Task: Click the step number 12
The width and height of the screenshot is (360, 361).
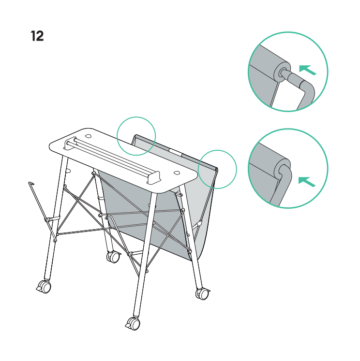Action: point(37,36)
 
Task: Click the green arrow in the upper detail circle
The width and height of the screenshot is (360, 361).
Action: point(308,70)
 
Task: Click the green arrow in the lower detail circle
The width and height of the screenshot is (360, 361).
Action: point(307,182)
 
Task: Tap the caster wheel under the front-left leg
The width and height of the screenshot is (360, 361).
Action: point(44,287)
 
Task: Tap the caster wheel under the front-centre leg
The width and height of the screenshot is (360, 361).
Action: point(133,323)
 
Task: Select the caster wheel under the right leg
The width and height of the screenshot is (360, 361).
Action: point(203,294)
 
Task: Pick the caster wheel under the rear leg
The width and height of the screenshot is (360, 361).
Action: point(113,257)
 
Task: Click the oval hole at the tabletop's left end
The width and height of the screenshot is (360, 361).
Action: point(88,136)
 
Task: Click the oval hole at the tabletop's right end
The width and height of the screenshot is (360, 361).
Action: point(177,173)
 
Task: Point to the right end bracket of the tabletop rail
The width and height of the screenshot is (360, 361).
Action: point(153,177)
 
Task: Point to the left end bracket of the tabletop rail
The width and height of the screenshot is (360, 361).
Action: point(69,144)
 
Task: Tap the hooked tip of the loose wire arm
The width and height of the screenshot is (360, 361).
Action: point(31,183)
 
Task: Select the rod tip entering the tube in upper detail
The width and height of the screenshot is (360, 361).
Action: point(285,73)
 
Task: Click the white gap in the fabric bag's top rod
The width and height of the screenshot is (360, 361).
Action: point(175,152)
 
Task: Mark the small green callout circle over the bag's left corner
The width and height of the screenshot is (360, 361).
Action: point(136,136)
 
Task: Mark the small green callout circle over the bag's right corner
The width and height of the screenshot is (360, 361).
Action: point(217,170)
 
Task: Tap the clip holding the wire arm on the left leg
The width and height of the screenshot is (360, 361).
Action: point(52,219)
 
